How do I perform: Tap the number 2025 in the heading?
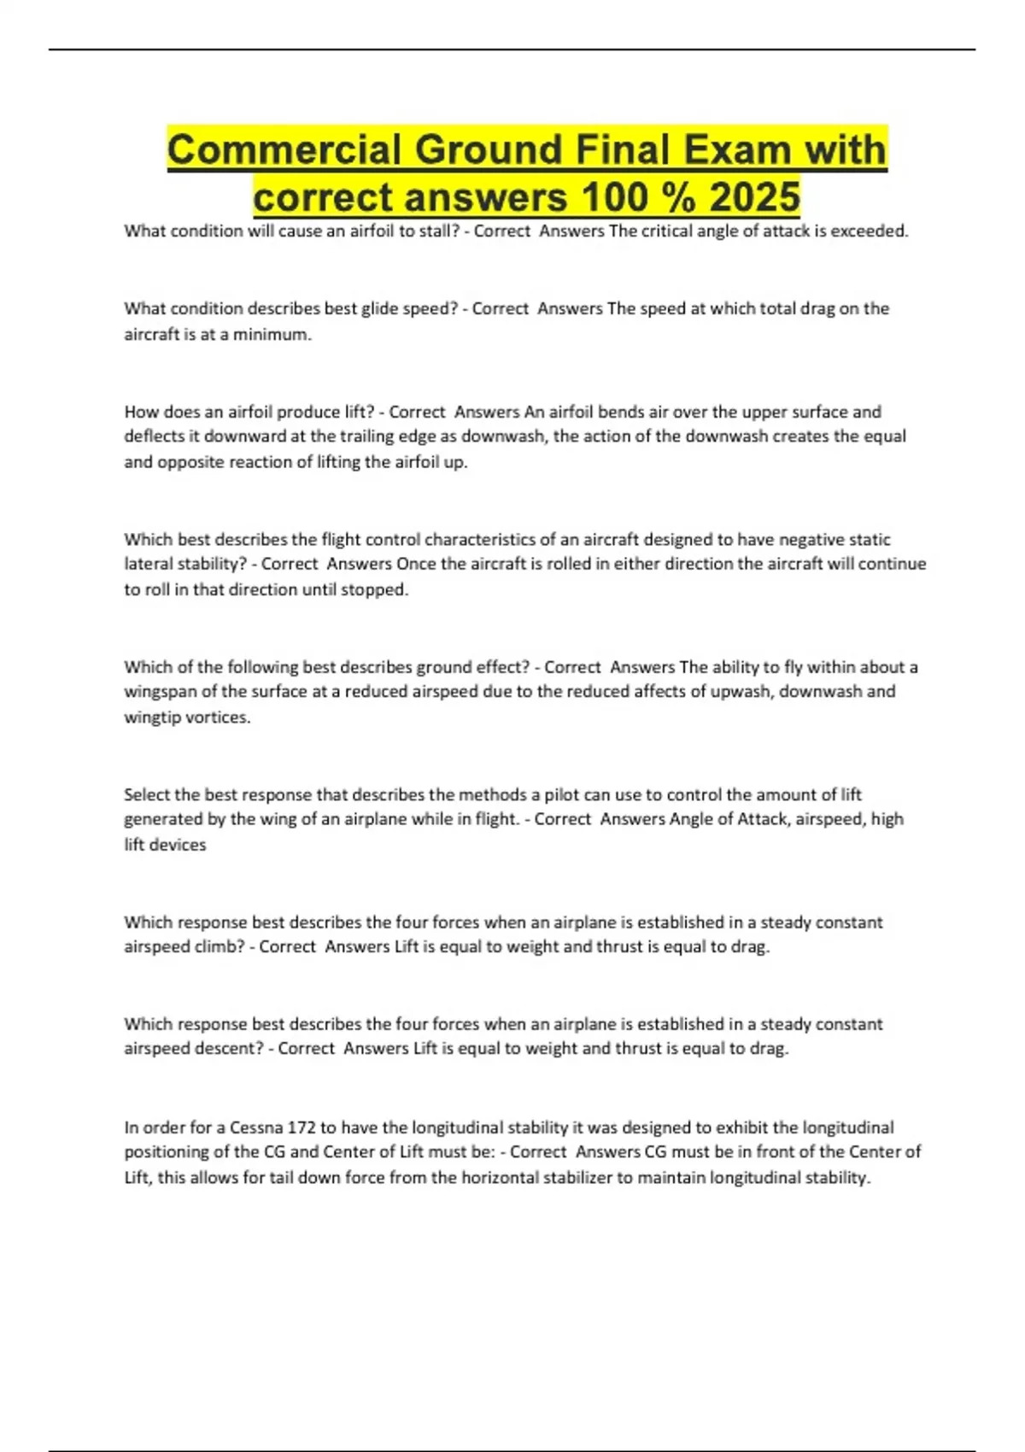click(x=754, y=197)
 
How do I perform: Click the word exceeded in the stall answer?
click(x=870, y=231)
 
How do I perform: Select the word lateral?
click(x=148, y=564)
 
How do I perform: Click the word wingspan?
click(x=160, y=691)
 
